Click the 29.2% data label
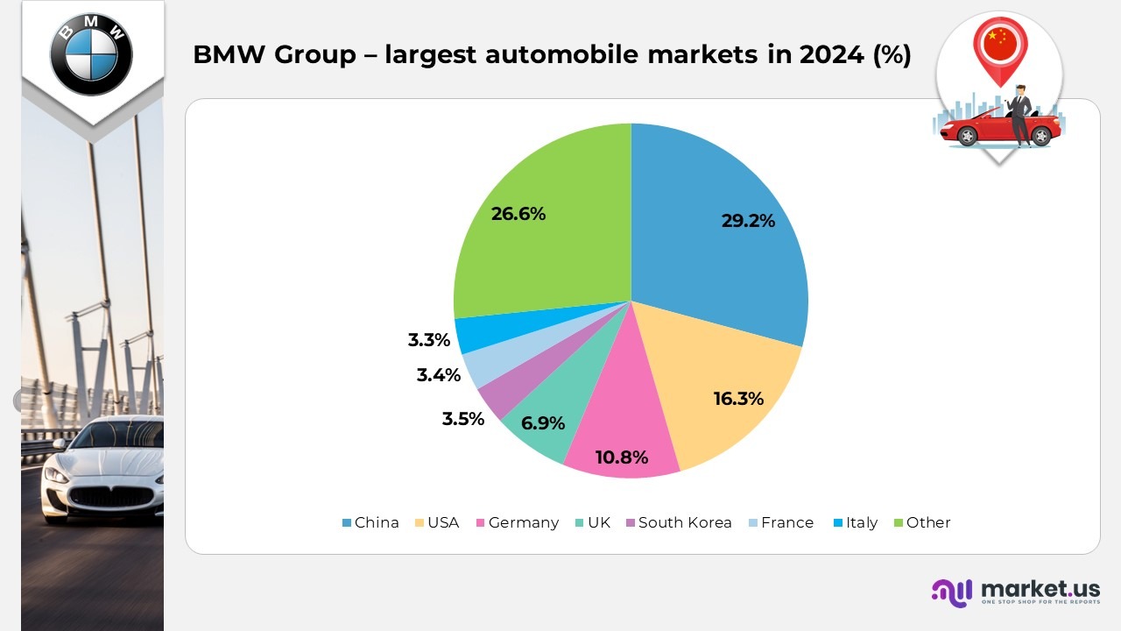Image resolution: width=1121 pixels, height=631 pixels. [748, 221]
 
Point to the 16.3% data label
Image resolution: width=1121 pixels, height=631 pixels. [738, 399]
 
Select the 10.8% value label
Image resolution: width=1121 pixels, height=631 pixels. [621, 457]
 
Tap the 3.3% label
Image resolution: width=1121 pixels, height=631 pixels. [428, 340]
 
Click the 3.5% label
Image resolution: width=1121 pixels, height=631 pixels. [462, 419]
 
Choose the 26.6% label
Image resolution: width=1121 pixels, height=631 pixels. [518, 213]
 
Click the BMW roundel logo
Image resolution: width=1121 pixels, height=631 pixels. [91, 53]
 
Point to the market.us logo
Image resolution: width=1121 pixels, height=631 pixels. [1016, 592]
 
